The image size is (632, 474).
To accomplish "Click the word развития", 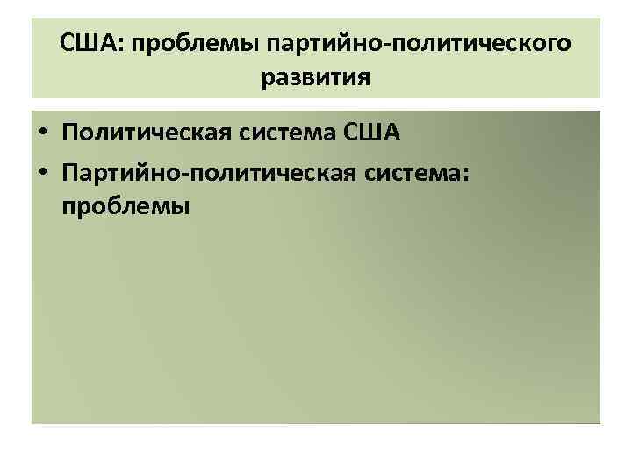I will tap(315, 77).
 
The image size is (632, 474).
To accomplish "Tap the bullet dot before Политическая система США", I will tap(43, 134).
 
